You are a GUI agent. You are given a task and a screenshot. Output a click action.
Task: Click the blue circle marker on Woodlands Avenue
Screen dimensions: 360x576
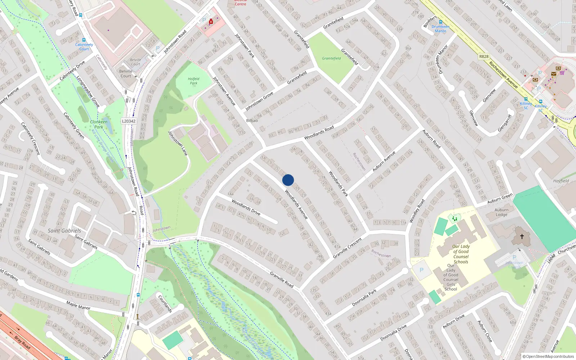pyautogui.click(x=288, y=180)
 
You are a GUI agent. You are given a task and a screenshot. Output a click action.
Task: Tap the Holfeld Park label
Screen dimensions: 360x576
pyautogui.click(x=193, y=81)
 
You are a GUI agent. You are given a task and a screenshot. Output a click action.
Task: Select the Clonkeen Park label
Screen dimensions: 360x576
pyautogui.click(x=99, y=124)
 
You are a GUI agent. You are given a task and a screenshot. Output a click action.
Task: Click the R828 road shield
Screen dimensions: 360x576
pyautogui.click(x=484, y=57)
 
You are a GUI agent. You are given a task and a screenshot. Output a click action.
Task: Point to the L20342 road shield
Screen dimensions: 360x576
pyautogui.click(x=129, y=121)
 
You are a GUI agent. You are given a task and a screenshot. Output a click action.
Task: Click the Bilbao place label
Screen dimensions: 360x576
pyautogui.click(x=252, y=121)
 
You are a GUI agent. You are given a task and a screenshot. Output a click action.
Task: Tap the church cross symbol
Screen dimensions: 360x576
pyautogui.click(x=522, y=237)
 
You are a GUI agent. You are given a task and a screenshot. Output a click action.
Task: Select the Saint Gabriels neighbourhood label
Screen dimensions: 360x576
pyautogui.click(x=64, y=231)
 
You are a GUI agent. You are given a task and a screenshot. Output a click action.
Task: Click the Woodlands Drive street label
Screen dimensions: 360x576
pyautogui.click(x=246, y=207)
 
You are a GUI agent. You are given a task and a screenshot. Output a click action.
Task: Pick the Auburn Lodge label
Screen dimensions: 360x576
pyautogui.click(x=501, y=212)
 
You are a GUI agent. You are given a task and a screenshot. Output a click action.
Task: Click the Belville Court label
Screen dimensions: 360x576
pyautogui.click(x=126, y=73)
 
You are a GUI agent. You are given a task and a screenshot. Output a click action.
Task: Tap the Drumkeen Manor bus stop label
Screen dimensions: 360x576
pyautogui.click(x=440, y=28)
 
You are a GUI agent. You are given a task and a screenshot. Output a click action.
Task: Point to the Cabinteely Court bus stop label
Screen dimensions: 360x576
pyautogui.click(x=84, y=47)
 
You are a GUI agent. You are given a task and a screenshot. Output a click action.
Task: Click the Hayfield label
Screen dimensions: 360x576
pyautogui.click(x=561, y=181)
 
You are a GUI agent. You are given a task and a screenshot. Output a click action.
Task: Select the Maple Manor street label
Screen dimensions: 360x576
pyautogui.click(x=78, y=306)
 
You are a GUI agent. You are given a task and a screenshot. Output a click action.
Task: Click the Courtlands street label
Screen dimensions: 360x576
pyautogui.click(x=165, y=303)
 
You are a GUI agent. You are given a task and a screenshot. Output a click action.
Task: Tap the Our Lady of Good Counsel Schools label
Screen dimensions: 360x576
pyautogui.click(x=461, y=254)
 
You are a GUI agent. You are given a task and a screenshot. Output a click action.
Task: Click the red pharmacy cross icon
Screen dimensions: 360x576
pyautogui.click(x=211, y=22)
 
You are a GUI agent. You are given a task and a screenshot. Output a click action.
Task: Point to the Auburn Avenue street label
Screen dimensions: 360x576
pyautogui.click(x=384, y=161)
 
